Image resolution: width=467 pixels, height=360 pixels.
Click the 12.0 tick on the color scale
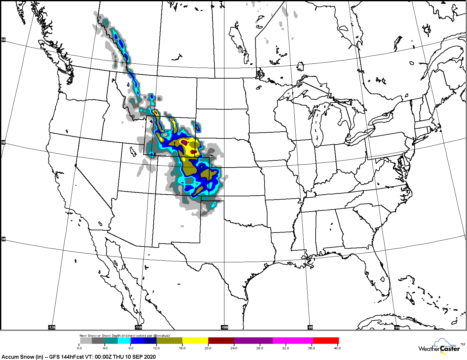tap(156, 348)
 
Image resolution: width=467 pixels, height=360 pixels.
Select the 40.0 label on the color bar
tap(337, 348)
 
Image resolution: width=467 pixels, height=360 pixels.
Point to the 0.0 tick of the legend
tap(80, 348)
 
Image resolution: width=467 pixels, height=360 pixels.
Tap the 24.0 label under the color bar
tap(234, 348)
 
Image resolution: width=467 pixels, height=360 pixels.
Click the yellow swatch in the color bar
tap(195, 341)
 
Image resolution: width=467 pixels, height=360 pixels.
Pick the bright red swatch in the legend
tap(326, 341)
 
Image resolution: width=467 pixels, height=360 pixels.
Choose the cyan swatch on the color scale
tap(124, 341)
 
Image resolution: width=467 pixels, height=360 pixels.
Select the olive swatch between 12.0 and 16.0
tap(169, 341)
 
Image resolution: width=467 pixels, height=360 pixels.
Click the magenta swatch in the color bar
tap(293, 341)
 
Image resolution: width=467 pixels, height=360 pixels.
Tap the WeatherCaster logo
tap(439, 348)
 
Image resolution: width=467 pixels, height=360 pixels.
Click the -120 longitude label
tap(52, 327)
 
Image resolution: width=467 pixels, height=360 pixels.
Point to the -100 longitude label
tap(224, 327)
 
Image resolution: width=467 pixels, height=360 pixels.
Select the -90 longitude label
tap(310, 327)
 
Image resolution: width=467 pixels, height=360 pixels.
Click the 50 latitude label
tap(4, 40)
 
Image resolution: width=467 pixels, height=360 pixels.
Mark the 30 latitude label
tap(4, 239)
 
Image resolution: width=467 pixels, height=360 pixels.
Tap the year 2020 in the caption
tap(150, 357)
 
